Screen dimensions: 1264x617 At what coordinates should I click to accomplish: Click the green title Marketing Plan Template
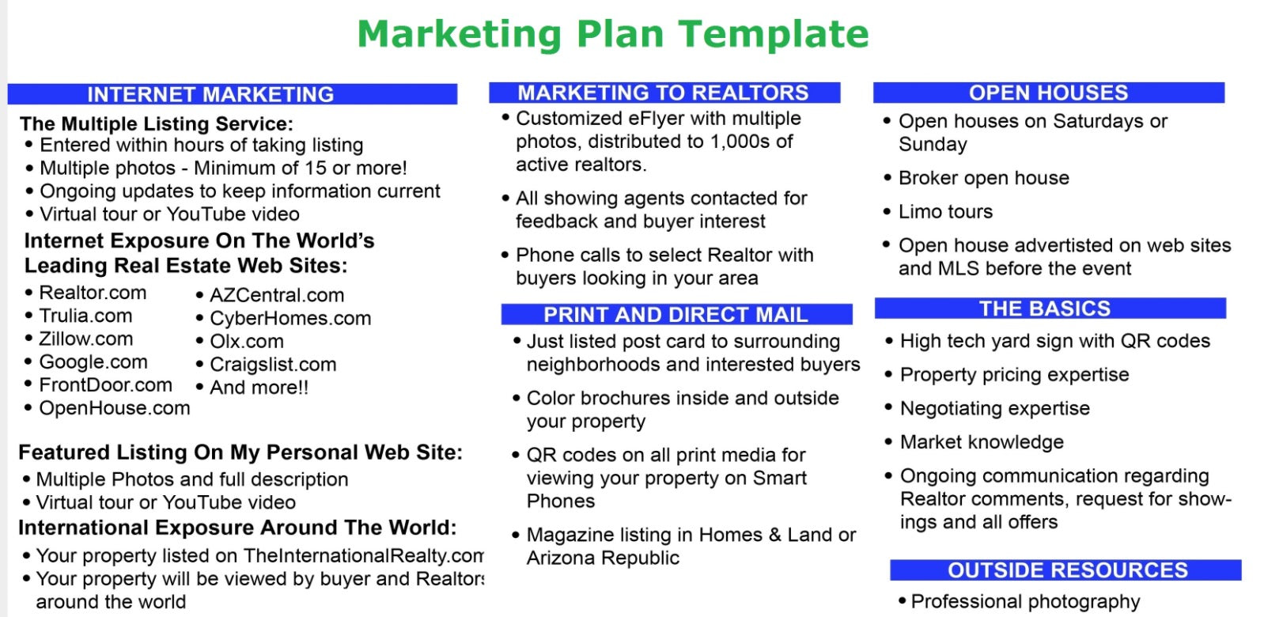[x=613, y=35]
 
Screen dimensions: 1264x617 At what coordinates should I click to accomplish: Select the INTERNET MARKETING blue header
[x=233, y=94]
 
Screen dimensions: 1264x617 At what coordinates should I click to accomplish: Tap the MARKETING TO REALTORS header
[x=664, y=93]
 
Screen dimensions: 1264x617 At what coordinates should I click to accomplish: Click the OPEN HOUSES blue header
[x=1048, y=93]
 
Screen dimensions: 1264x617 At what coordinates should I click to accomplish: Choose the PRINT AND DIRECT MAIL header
[x=676, y=314]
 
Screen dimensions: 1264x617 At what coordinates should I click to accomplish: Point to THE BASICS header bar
[x=1050, y=308]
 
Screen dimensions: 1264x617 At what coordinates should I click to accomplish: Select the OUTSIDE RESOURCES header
[x=1065, y=570]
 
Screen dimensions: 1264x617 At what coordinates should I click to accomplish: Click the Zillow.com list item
[x=85, y=339]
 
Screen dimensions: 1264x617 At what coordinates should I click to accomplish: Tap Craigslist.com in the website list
[x=273, y=365]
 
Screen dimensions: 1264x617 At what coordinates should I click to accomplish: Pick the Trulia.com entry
[x=85, y=316]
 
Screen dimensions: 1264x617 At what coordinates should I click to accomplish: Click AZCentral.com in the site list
[x=277, y=295]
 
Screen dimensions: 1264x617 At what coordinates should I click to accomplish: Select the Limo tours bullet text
[x=946, y=212]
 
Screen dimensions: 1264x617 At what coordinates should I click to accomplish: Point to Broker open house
[x=984, y=178]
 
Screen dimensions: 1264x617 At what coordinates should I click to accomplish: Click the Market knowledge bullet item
[x=982, y=442]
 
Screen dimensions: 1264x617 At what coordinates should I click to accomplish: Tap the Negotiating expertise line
[x=995, y=408]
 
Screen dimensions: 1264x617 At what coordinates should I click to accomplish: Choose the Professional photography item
[x=1025, y=602]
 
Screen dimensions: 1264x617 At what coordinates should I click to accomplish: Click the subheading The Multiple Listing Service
[x=157, y=123]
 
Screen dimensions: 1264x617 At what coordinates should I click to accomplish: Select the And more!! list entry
[x=259, y=388]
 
